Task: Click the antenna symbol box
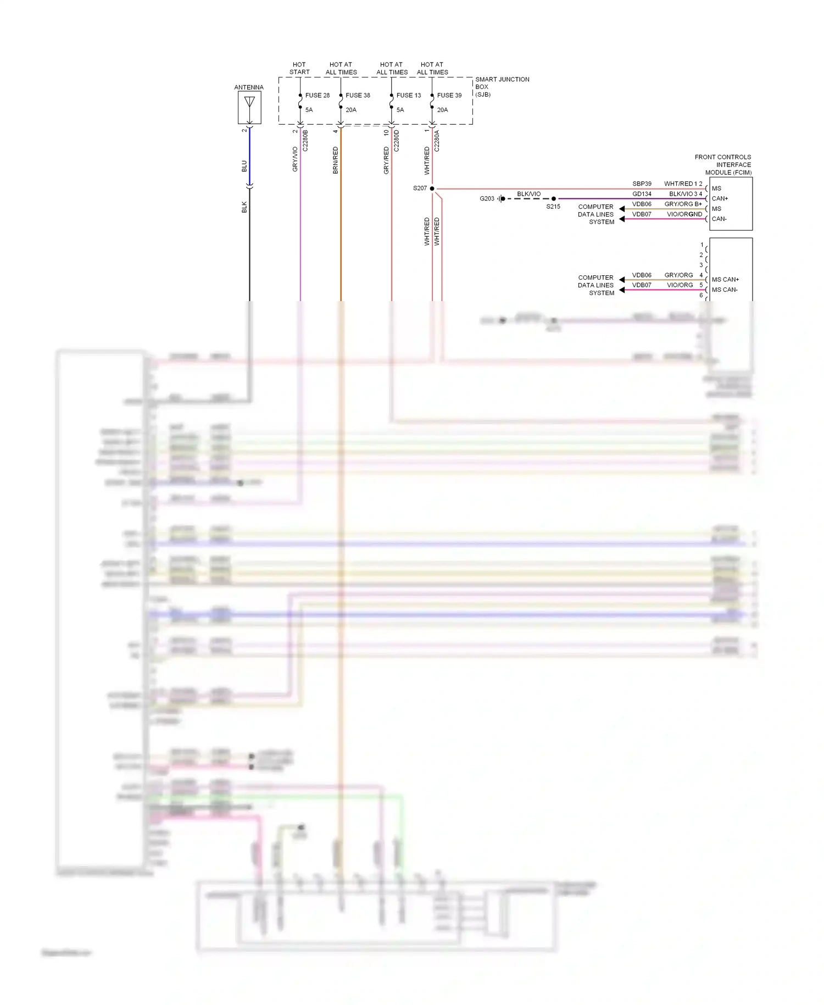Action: click(249, 107)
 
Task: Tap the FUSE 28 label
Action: click(318, 96)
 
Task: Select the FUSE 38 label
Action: click(358, 96)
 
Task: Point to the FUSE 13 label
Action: click(409, 96)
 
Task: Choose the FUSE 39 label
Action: click(449, 96)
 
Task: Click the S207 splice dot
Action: click(432, 188)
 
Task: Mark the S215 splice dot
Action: click(554, 199)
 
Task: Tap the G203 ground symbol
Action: click(501, 199)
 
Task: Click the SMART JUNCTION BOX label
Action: click(502, 87)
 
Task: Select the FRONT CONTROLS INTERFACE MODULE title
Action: click(723, 165)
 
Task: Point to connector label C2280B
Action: click(305, 141)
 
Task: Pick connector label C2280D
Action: click(397, 141)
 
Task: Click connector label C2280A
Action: click(437, 141)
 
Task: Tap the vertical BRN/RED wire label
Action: click(336, 160)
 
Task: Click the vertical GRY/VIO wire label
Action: click(295, 159)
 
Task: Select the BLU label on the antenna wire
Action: click(244, 166)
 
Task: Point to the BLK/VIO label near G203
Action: click(528, 194)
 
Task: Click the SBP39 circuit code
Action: click(642, 184)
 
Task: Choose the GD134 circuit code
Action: click(642, 194)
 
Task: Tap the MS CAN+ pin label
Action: click(725, 280)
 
